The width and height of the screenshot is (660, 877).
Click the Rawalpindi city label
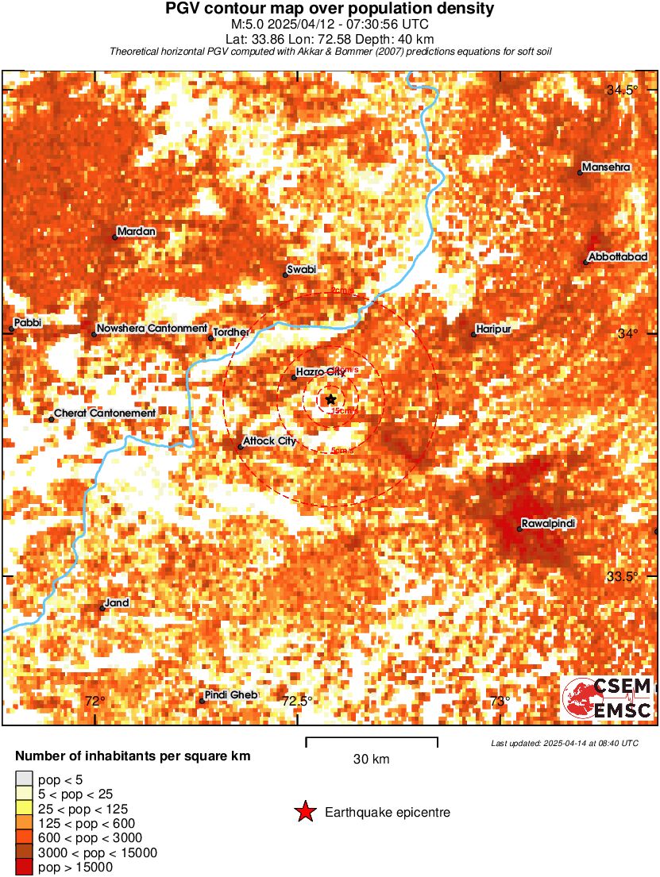548,525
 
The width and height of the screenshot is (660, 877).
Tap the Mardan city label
137,232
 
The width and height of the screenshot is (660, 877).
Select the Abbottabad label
619,257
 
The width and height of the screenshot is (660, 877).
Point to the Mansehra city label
606,167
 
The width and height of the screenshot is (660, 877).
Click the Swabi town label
302,270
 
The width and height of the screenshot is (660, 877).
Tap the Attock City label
270,441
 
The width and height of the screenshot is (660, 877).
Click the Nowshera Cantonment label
152,329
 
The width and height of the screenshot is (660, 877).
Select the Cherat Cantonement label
105,413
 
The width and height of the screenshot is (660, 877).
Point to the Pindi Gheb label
231,695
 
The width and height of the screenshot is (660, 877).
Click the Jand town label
118,603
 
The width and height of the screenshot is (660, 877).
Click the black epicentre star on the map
330,399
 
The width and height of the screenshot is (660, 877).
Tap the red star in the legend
305,812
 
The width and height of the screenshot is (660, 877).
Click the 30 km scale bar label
371,760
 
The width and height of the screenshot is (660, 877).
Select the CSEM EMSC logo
608,698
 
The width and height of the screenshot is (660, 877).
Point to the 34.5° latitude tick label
622,90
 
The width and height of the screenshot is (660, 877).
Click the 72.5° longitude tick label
298,701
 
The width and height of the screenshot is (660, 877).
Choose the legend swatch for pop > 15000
25,867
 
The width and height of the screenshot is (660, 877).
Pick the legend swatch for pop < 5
25,780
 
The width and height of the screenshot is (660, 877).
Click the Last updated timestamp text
564,743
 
